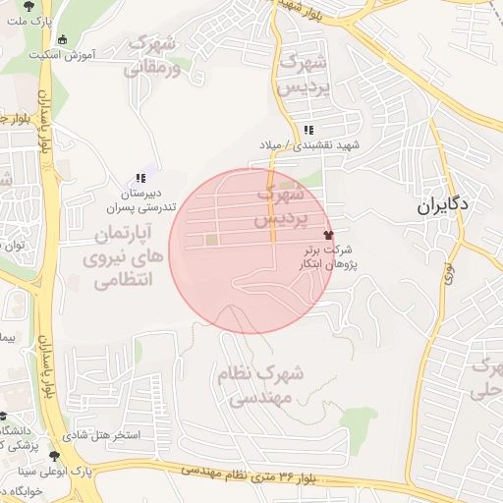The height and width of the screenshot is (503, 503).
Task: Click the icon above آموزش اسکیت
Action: pos(63,39)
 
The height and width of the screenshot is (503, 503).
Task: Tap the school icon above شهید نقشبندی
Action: pos(308,131)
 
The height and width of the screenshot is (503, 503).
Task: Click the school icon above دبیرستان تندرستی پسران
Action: pos(140,178)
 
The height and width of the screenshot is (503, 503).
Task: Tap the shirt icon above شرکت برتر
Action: pos(328,235)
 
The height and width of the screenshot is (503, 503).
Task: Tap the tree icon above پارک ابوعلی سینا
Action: pos(54,456)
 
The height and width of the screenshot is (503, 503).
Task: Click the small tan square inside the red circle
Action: pos(209,240)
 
